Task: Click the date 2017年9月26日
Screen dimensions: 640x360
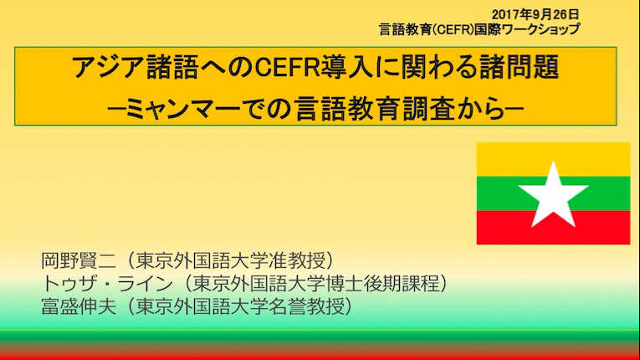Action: pos(535,15)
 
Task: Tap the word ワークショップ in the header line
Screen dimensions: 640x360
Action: pos(540,29)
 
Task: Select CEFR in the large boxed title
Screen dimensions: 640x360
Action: pos(287,68)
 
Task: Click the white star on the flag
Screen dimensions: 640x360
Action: pos(553,194)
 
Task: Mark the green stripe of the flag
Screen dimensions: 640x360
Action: pos(498,193)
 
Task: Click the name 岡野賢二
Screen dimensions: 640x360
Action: pos(79,260)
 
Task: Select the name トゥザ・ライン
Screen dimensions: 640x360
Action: pos(107,284)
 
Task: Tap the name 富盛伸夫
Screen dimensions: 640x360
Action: pos(79,306)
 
